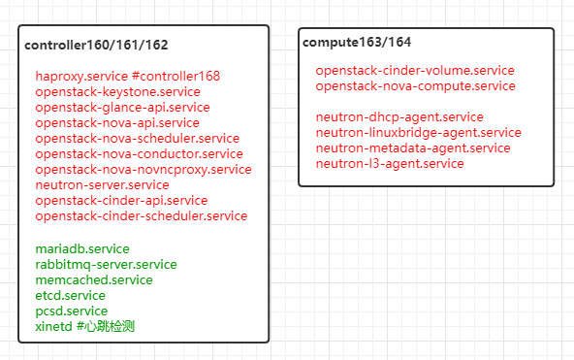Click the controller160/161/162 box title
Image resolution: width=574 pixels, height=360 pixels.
coord(96,46)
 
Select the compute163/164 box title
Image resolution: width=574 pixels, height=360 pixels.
coord(357,42)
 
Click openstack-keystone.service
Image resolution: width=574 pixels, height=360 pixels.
coord(118,91)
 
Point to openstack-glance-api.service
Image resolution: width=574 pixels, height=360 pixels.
coord(122,107)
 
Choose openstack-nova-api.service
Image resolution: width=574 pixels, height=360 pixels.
coord(117,122)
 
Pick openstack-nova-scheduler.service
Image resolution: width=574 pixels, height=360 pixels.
coord(137,138)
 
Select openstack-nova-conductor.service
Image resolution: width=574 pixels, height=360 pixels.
coord(139,153)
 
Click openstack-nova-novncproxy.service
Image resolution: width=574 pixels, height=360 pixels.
coord(143,169)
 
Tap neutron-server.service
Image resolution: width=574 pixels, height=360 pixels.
coord(102,184)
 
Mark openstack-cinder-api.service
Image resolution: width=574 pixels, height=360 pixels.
coord(121,200)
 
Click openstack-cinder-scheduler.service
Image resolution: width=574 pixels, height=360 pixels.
coord(141,215)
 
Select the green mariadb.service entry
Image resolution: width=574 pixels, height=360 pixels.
coord(82,248)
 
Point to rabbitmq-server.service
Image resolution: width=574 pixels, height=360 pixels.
coord(106,264)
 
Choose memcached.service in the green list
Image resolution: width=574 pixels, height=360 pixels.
coord(93,279)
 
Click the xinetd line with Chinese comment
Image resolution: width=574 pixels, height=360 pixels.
coord(84,326)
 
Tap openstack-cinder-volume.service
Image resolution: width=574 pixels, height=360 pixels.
coord(415,71)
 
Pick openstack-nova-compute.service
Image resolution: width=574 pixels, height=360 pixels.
coord(415,85)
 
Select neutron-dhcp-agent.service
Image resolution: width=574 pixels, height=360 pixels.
coord(399,117)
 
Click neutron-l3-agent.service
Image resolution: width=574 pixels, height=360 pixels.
coord(390,163)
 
